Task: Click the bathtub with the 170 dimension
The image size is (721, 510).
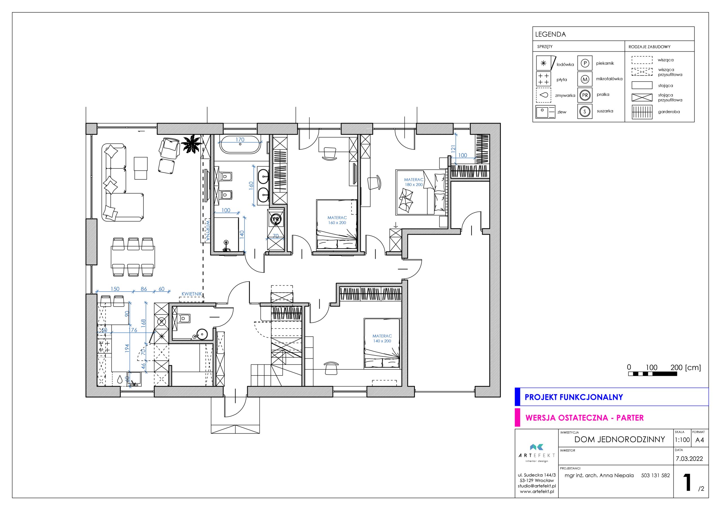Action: tap(240, 145)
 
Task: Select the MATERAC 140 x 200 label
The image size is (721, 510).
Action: tap(382, 338)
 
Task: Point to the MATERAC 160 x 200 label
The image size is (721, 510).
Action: tap(337, 220)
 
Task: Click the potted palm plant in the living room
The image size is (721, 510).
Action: tap(191, 144)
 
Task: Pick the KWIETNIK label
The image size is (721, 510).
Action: tap(192, 294)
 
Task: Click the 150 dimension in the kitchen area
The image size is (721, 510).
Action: tap(115, 289)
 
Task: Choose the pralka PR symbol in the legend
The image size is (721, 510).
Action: tap(585, 95)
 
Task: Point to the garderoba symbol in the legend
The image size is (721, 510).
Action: tap(642, 112)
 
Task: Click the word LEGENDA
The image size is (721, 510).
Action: tap(551, 35)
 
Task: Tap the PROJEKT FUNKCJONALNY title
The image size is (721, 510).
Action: tap(574, 397)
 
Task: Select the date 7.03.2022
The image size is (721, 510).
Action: tap(689, 459)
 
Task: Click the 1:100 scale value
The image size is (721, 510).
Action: tap(682, 440)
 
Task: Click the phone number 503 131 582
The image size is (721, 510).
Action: tap(655, 475)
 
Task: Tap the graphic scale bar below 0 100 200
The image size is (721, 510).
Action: tap(653, 374)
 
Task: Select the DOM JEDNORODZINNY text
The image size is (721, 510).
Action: tap(620, 439)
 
